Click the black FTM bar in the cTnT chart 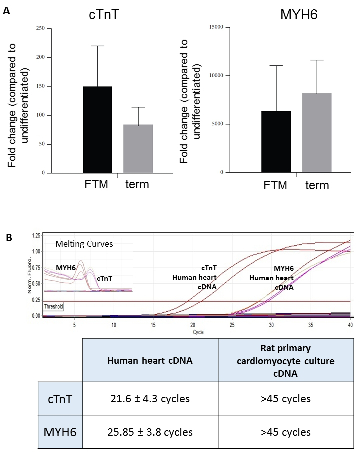pyautogui.click(x=97, y=130)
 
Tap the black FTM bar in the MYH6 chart pyautogui.click(x=276, y=142)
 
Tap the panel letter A pyautogui.click(x=6, y=10)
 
